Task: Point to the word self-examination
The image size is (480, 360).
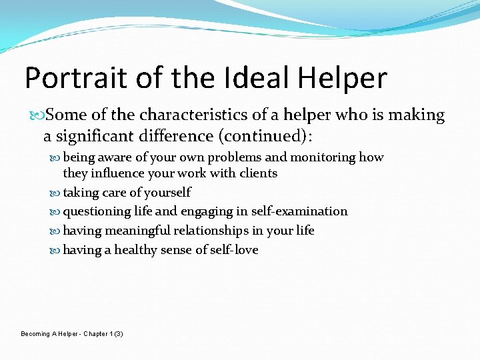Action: (299, 211)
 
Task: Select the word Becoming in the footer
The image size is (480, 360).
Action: (35, 333)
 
